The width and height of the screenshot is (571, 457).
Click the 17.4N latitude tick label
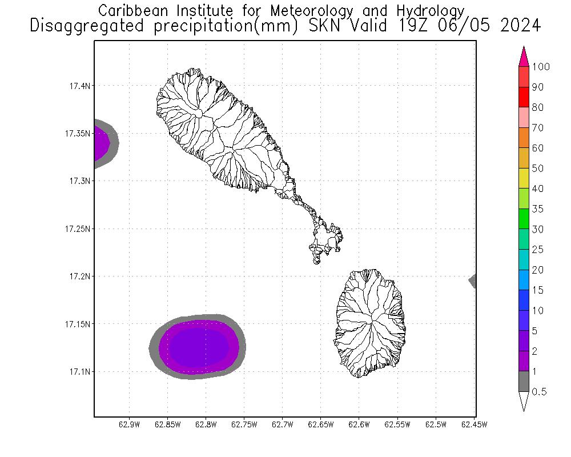tap(78, 86)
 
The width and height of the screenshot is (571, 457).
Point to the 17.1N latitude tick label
tap(78, 372)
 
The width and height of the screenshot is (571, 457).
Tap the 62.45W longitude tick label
tap(474, 424)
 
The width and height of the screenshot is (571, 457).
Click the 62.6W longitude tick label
tap(359, 424)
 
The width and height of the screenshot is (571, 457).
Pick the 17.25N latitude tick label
tap(77, 229)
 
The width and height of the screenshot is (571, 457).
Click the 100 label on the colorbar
tap(540, 67)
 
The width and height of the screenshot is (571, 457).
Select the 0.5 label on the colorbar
tap(539, 392)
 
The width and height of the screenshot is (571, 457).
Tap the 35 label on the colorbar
tap(537, 209)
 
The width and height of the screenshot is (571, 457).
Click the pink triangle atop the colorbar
tap(524, 57)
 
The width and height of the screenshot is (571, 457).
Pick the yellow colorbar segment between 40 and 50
tap(524, 178)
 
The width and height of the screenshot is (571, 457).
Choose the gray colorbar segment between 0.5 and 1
tap(524, 382)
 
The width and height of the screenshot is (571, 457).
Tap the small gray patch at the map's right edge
tap(473, 280)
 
